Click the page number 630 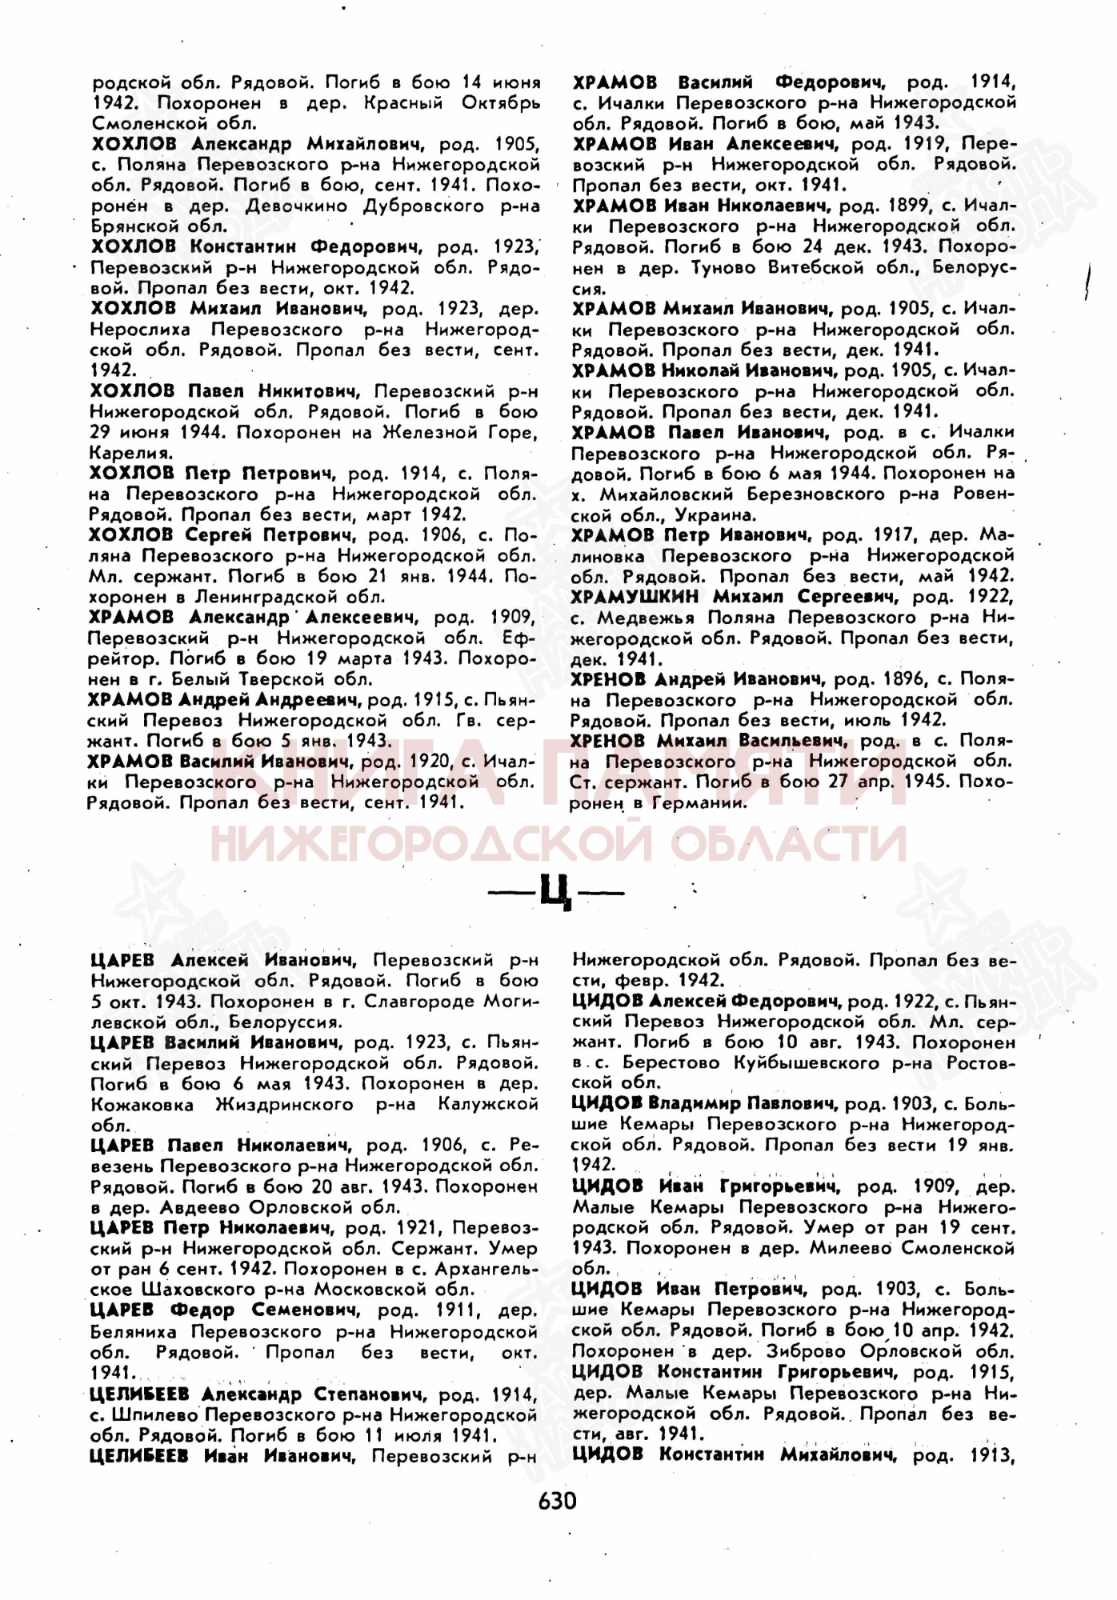(x=557, y=1499)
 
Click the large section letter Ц (x=556, y=890)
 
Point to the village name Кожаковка (x=142, y=1105)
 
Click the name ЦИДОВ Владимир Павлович (x=704, y=1104)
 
